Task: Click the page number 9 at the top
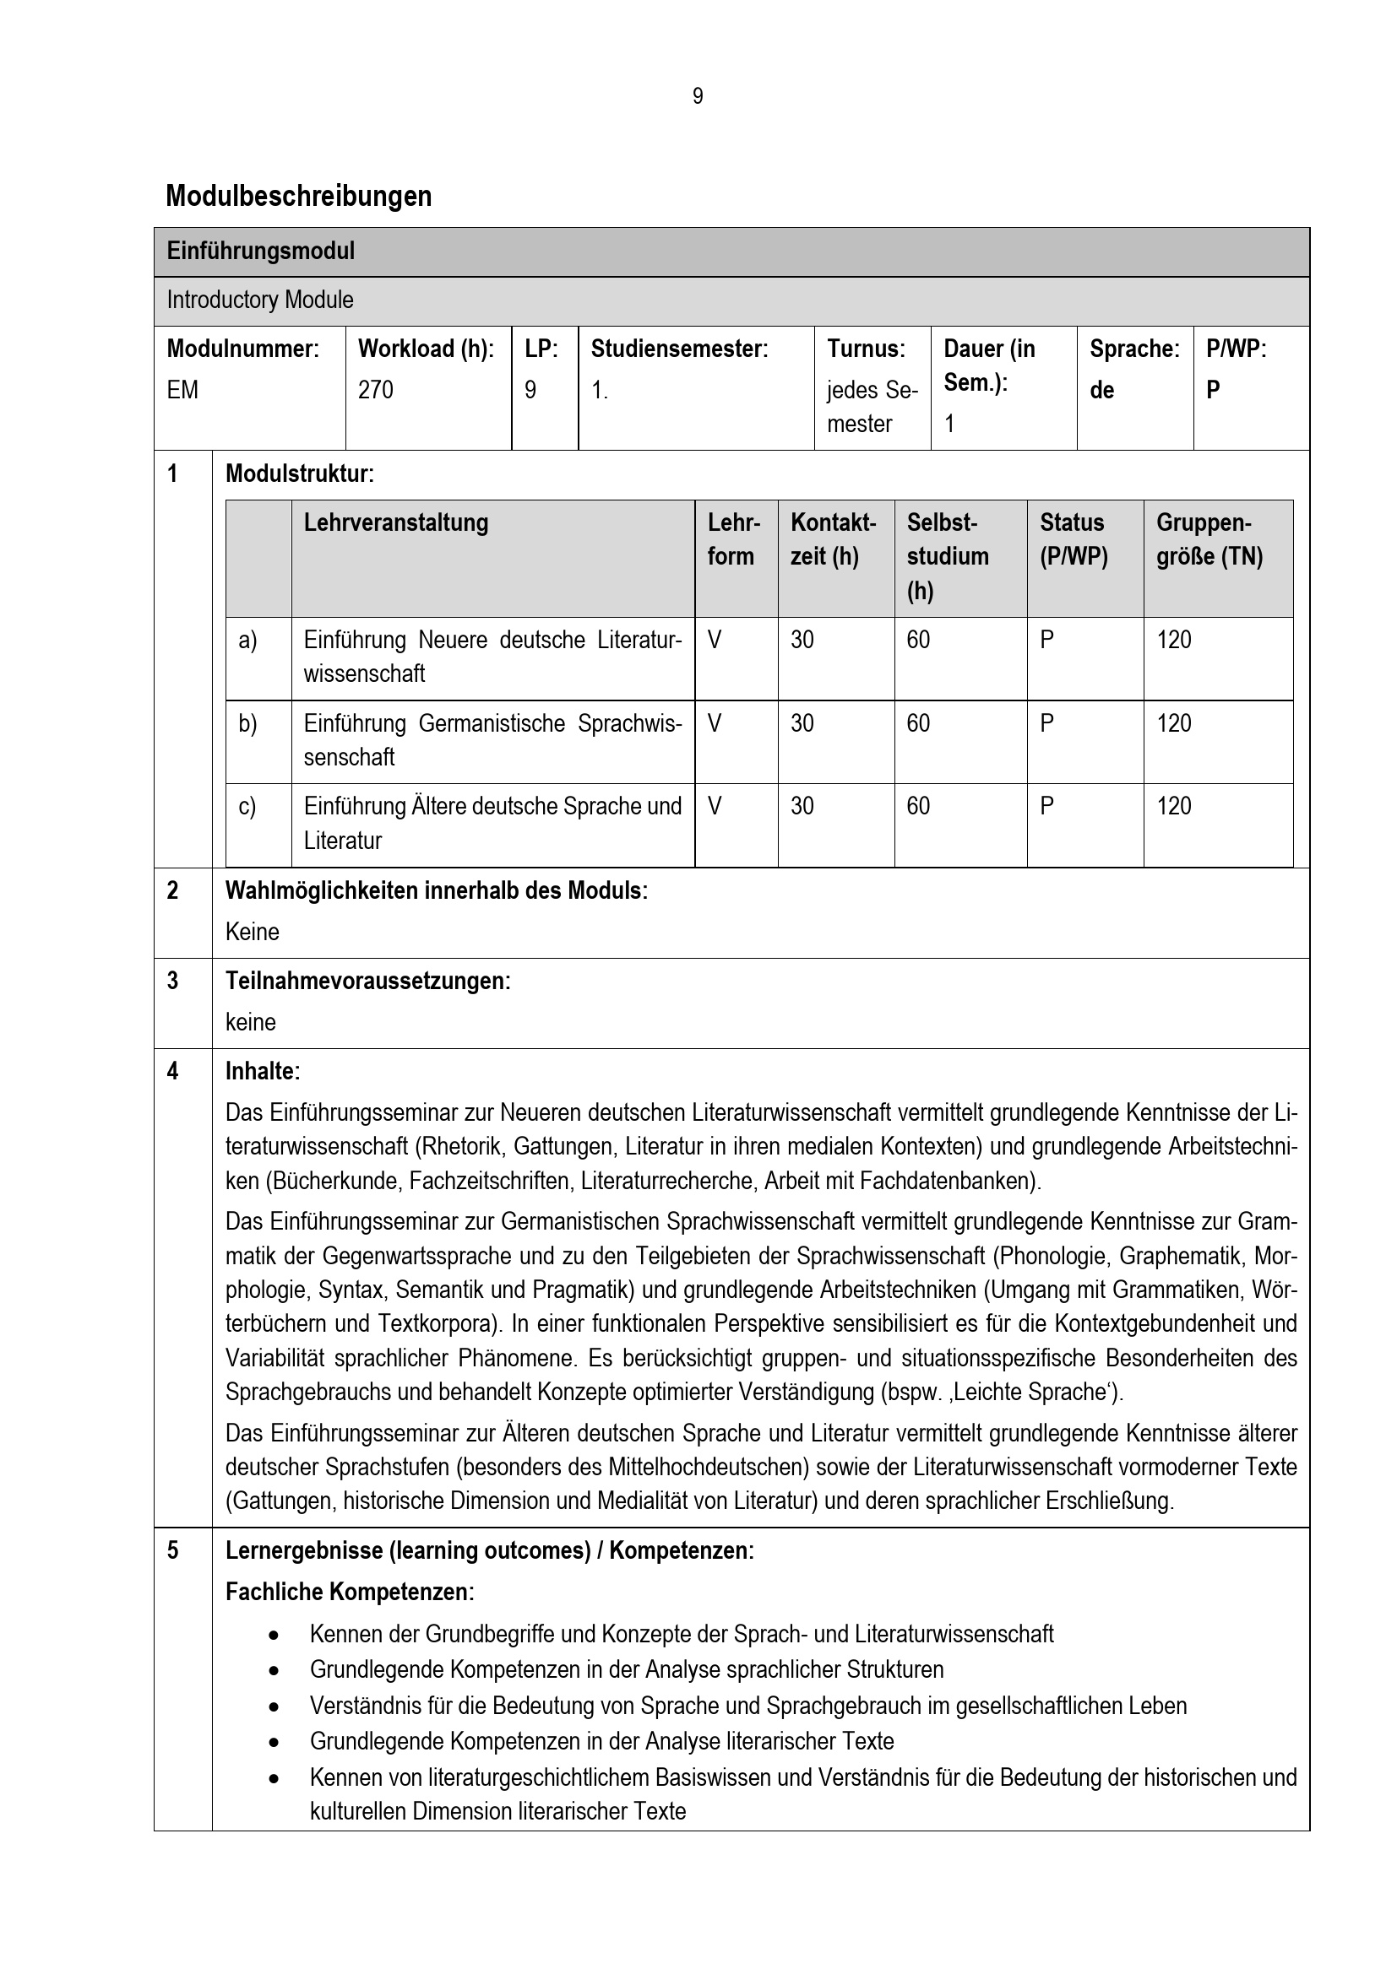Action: point(698,96)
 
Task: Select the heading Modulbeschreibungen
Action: point(298,196)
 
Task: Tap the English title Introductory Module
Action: point(260,300)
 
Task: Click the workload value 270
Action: point(375,391)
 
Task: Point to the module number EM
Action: point(182,391)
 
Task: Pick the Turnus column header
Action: point(866,349)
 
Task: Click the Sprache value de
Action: point(1102,391)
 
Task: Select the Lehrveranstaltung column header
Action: point(395,522)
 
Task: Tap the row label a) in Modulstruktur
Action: point(247,641)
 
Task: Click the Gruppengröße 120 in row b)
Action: point(1173,724)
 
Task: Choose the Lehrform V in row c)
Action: point(715,807)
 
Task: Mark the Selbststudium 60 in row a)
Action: point(918,641)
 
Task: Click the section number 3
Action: point(173,981)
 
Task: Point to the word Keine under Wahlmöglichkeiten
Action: point(252,932)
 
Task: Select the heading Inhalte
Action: point(262,1071)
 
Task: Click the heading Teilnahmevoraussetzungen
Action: point(367,981)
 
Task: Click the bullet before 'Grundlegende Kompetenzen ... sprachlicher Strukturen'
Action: point(274,1669)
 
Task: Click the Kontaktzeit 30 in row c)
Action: point(802,807)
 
